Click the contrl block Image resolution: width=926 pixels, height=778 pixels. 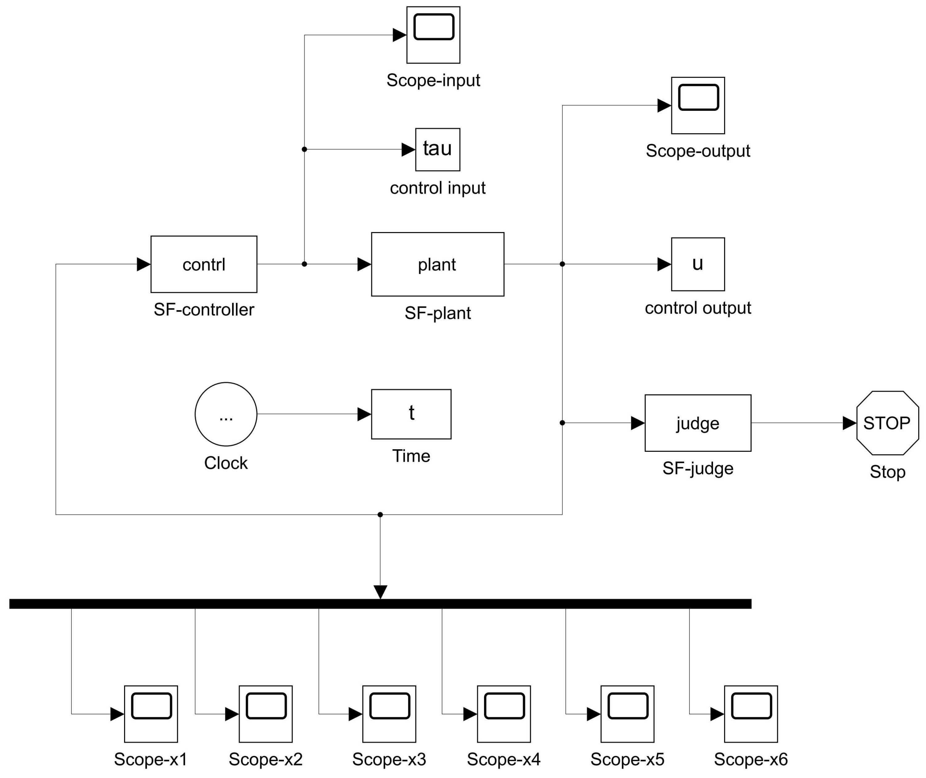click(x=204, y=264)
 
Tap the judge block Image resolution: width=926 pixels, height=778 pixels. click(x=698, y=423)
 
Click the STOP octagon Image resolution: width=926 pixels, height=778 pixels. click(x=887, y=423)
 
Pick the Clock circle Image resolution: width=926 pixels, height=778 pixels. click(x=226, y=414)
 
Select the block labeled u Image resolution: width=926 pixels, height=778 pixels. click(x=698, y=264)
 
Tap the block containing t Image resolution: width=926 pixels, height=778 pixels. click(x=411, y=414)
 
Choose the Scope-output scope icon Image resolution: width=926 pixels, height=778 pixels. click(x=698, y=106)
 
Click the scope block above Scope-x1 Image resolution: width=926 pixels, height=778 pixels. click(x=151, y=714)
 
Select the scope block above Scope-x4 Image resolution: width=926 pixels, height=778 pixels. click(x=503, y=714)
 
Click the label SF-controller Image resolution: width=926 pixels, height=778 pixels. click(x=204, y=310)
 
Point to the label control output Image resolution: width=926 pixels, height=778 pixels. click(x=698, y=308)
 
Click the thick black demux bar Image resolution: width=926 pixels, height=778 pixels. click(x=380, y=604)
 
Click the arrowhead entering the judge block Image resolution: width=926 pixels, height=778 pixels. click(x=637, y=423)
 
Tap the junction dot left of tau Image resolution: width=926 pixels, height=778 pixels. click(x=304, y=149)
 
